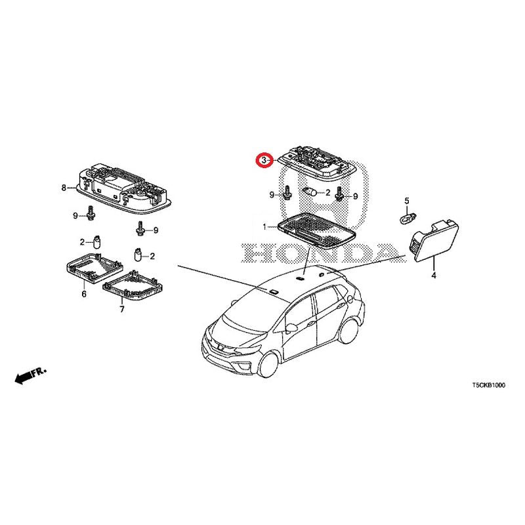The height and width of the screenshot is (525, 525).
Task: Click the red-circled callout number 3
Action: point(264,160)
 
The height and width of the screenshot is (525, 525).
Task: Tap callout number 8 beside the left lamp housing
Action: point(64,188)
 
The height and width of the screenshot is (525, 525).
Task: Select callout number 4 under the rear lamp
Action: point(434,276)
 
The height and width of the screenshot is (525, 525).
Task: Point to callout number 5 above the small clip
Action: point(407,201)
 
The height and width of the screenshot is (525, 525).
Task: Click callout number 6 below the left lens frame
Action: point(84,294)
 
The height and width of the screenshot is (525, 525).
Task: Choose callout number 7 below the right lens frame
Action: point(122,309)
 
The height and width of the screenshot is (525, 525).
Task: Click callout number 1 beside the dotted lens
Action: point(264,227)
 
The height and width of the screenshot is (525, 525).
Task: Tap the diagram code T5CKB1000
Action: point(488,385)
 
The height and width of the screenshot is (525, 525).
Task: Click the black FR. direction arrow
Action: point(30,375)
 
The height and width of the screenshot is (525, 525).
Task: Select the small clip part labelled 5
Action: point(408,219)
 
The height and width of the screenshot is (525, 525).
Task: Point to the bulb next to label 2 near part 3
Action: point(310,192)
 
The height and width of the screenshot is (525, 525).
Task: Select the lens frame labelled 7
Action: point(133,285)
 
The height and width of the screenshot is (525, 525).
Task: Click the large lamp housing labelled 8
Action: point(124,189)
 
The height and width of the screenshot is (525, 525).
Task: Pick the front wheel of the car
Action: point(269,364)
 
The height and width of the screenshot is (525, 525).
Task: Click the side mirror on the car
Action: point(291,327)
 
